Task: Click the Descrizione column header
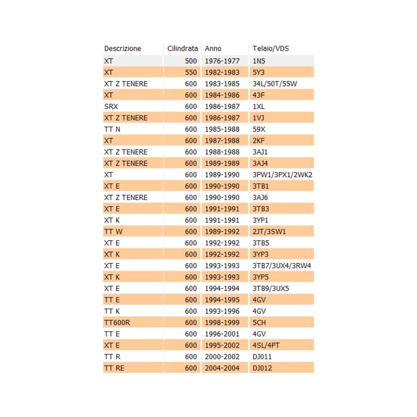[122, 49]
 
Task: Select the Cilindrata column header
[182, 49]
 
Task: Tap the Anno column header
[213, 49]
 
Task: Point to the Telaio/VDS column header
[271, 49]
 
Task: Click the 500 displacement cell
[191, 61]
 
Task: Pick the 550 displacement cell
[191, 72]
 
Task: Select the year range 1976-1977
[222, 61]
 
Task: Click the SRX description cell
[111, 107]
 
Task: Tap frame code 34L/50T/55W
[275, 84]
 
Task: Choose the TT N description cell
[112, 129]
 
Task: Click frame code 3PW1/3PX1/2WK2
[282, 175]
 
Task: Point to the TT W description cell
[113, 232]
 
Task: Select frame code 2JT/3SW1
[269, 232]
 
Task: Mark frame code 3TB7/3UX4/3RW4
[282, 266]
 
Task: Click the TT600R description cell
[117, 323]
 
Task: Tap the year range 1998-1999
[222, 323]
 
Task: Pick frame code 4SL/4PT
[266, 345]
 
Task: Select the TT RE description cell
[114, 368]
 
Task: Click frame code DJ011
[262, 357]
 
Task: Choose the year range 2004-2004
[222, 368]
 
